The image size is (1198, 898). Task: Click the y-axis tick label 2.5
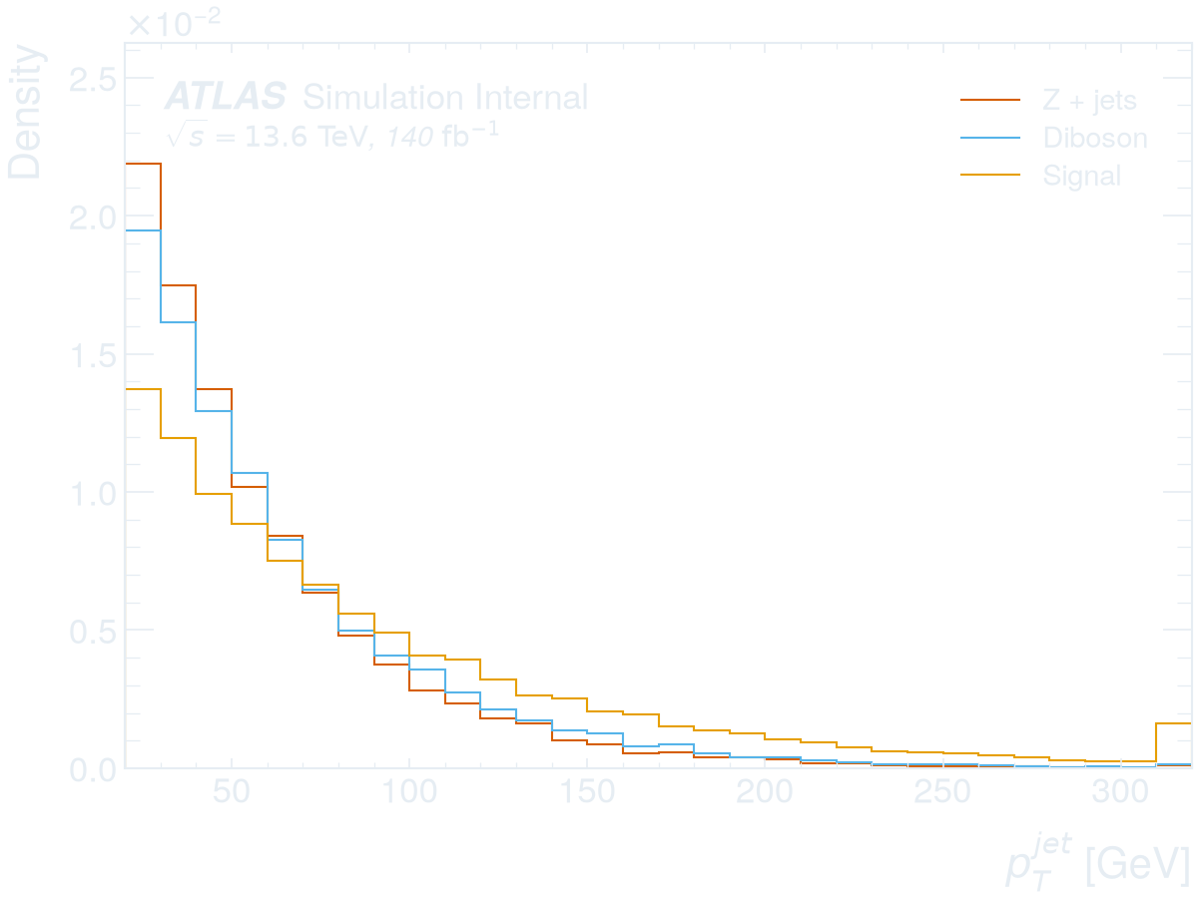pos(93,80)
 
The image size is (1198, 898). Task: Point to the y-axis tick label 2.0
pos(93,219)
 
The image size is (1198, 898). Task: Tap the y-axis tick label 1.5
pos(93,356)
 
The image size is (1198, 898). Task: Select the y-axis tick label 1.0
pos(93,494)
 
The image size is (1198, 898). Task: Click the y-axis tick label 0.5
pos(93,632)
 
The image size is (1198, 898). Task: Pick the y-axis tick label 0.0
pos(93,770)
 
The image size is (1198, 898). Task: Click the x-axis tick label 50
pos(232,791)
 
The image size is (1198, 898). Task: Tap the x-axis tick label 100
pos(409,791)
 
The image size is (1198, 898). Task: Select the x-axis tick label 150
pos(587,791)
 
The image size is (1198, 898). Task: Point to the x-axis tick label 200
pos(765,791)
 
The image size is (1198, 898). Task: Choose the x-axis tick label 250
pos(942,791)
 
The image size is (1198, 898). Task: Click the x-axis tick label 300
pos(1120,791)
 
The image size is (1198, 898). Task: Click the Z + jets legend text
pos(1090,101)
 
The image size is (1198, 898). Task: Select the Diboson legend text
pos(1095,138)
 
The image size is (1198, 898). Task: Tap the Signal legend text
pos(1082,177)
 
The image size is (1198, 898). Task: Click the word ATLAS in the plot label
pos(226,97)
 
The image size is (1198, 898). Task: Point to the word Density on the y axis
pos(25,112)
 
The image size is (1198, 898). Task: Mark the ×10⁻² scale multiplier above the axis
pos(175,23)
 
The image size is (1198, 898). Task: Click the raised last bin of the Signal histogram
pos(1173,723)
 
